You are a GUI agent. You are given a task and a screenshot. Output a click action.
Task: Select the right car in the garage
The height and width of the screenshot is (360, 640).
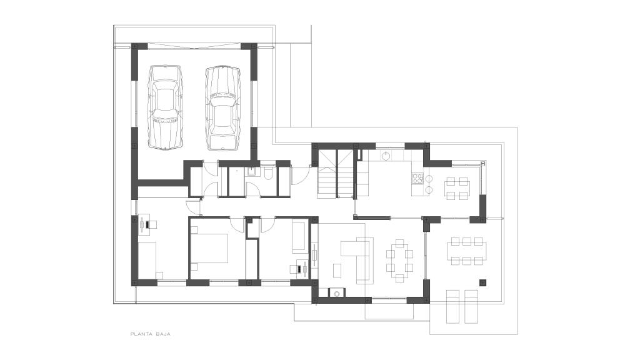click(x=222, y=107)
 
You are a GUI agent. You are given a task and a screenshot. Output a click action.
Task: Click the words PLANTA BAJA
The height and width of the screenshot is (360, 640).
click(x=150, y=334)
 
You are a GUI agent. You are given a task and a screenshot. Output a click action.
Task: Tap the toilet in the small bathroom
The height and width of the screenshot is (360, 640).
click(x=268, y=174)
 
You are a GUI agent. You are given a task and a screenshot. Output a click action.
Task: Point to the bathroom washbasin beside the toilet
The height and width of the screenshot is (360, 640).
click(x=252, y=172)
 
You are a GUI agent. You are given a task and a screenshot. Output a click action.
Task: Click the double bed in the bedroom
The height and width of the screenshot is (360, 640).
click(x=209, y=247)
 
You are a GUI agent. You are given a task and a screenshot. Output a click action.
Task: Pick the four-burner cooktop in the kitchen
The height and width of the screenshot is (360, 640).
click(x=417, y=178)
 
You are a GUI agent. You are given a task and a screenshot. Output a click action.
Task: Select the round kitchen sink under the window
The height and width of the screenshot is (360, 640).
click(x=386, y=155)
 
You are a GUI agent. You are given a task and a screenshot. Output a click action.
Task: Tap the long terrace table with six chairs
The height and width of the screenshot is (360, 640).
click(x=466, y=251)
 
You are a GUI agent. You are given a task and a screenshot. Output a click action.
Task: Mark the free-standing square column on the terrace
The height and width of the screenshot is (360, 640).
click(x=483, y=282)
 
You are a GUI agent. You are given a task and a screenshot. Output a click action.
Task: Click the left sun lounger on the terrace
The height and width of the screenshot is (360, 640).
click(x=453, y=306)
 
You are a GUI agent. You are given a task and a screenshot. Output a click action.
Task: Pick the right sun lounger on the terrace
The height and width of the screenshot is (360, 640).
click(x=471, y=306)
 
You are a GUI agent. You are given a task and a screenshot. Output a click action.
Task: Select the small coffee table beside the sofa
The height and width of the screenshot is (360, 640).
click(x=337, y=271)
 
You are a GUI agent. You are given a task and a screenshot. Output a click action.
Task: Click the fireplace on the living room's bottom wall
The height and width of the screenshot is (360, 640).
click(x=337, y=292)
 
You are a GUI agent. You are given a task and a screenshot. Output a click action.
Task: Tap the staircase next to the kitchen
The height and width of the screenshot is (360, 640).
click(x=336, y=174)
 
